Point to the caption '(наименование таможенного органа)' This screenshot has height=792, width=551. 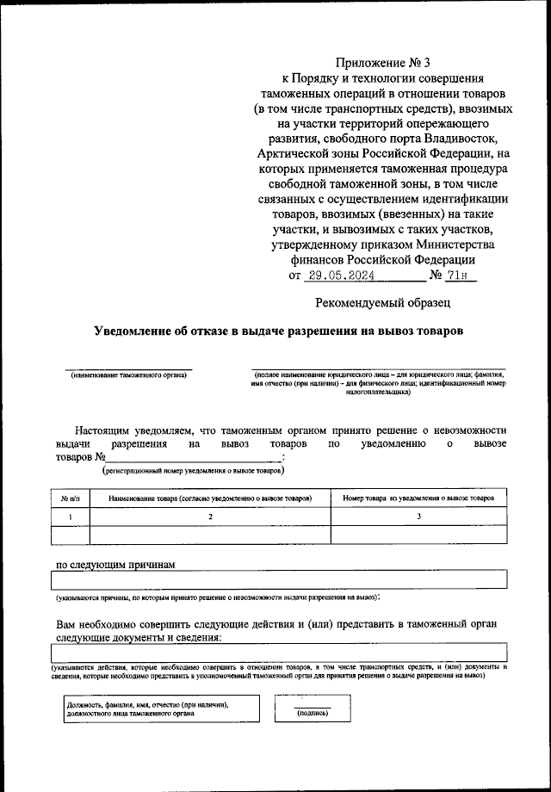click(x=129, y=376)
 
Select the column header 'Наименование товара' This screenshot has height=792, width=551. click(x=209, y=498)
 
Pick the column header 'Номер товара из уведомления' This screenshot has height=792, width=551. click(x=418, y=498)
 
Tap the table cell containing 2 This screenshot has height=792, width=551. click(x=209, y=517)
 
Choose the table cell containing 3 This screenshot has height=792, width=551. click(x=418, y=517)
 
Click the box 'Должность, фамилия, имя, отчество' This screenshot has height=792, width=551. click(x=154, y=708)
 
